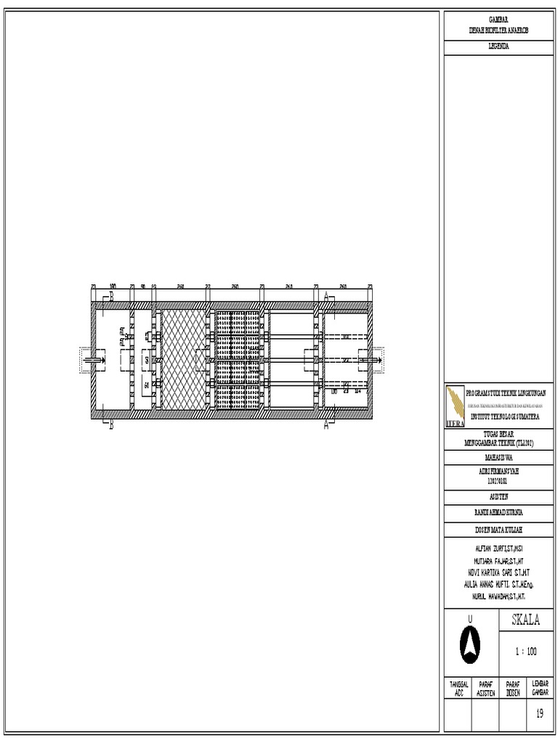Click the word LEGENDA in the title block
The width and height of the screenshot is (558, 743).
pos(498,46)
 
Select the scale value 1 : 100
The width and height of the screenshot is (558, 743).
pos(525,652)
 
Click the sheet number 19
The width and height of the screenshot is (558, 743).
pos(539,713)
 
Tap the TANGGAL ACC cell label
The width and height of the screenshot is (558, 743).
pos(458,689)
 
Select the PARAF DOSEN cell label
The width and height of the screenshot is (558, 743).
pos(512,689)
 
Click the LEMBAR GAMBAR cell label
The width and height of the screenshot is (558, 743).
pos(540,689)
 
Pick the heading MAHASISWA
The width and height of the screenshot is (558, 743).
pos(498,458)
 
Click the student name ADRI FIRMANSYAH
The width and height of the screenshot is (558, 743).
pos(498,470)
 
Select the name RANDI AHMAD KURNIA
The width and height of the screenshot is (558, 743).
pos(498,512)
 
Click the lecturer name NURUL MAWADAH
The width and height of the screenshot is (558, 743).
pos(498,595)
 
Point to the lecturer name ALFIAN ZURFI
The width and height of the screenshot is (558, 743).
pos(498,551)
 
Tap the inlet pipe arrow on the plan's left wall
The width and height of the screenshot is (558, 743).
pos(92,359)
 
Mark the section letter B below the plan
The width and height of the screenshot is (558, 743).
pos(111,427)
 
